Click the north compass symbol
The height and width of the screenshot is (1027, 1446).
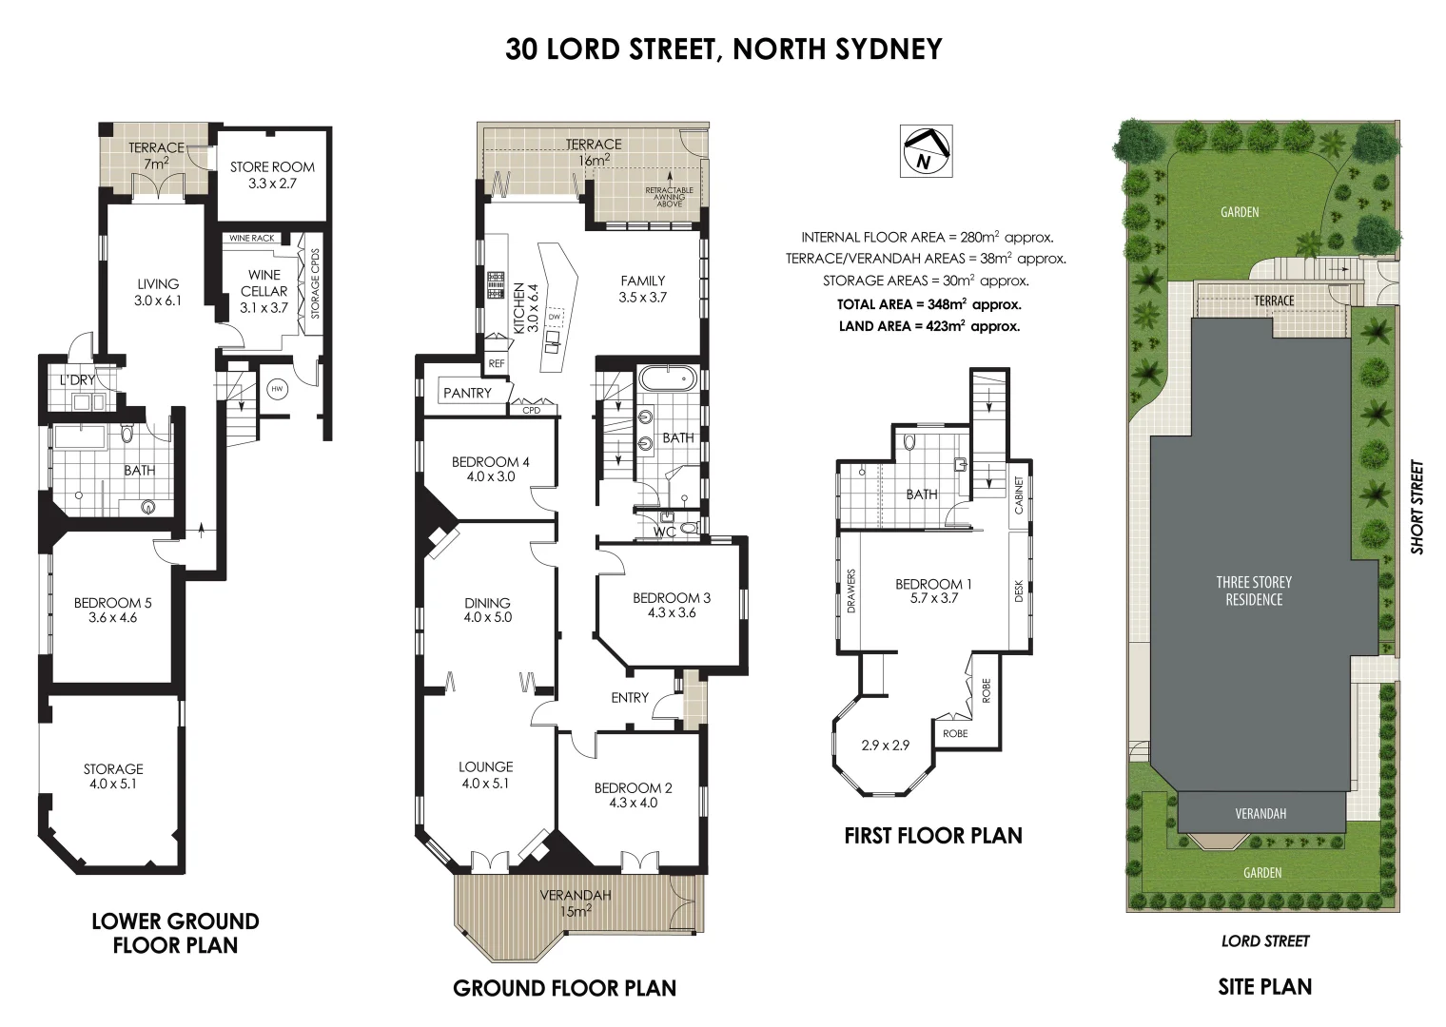coord(926,150)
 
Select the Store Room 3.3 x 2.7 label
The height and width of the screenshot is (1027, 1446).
coord(272,175)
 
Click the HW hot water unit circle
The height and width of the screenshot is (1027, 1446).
coord(277,389)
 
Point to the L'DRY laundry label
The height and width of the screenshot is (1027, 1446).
coord(77,380)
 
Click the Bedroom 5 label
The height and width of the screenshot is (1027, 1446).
coord(112,610)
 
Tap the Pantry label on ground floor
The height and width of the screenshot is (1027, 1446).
coord(467,393)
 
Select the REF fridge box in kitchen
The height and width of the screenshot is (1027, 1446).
coord(496,363)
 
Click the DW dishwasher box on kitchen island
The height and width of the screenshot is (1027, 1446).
coord(568,317)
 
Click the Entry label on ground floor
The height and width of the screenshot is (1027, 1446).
coord(629,698)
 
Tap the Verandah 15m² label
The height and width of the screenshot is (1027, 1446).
coord(575,902)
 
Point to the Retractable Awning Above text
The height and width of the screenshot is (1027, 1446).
coord(670,197)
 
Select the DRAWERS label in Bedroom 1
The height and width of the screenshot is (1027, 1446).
coord(851,591)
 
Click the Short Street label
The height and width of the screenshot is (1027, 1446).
coord(1417,508)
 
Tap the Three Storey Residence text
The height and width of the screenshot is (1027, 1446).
coord(1254,591)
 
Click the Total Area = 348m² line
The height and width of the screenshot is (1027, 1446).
coord(928,305)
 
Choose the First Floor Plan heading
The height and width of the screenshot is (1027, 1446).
coord(932,836)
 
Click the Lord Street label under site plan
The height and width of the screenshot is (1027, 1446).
coord(1264,941)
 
